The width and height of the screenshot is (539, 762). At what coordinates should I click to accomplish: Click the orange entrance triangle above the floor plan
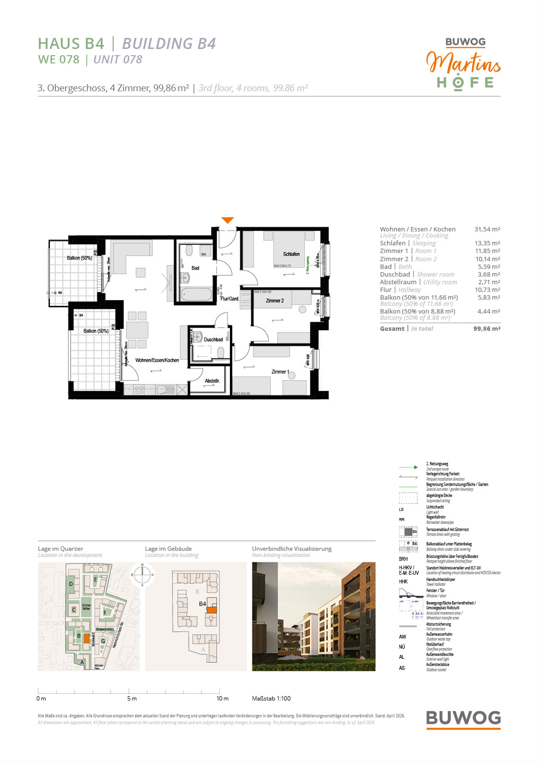pyautogui.click(x=228, y=220)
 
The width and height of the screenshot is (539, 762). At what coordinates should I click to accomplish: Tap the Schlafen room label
pyautogui.click(x=291, y=254)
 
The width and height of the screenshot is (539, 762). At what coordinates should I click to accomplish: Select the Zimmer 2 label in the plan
pyautogui.click(x=274, y=301)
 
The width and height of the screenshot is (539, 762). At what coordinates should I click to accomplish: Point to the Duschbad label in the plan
pyautogui.click(x=213, y=340)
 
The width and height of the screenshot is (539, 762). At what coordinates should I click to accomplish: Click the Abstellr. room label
pyautogui.click(x=212, y=381)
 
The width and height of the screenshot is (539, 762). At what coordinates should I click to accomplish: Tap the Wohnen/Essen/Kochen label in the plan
pyautogui.click(x=157, y=360)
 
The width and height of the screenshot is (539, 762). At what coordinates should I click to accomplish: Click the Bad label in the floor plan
pyautogui.click(x=195, y=268)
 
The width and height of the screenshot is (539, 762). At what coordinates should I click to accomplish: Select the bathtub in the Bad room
pyautogui.click(x=196, y=295)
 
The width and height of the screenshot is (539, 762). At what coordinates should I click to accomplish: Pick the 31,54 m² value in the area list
pyautogui.click(x=487, y=229)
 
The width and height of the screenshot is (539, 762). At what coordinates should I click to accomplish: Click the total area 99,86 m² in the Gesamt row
pyautogui.click(x=486, y=328)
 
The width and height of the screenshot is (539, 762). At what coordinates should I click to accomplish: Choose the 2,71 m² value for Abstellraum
pyautogui.click(x=488, y=282)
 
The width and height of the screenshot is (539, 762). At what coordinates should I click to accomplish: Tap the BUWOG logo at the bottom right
pyautogui.click(x=463, y=718)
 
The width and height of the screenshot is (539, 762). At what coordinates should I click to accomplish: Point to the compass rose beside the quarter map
pyautogui.click(x=142, y=575)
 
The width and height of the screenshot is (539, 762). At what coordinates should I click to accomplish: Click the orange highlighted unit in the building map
pyautogui.click(x=212, y=610)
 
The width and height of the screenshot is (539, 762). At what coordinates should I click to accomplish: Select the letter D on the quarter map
pyautogui.click(x=71, y=584)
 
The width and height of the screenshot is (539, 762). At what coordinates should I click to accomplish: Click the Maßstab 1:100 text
pyautogui.click(x=271, y=699)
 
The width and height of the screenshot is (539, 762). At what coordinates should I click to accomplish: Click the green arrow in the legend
pyautogui.click(x=408, y=467)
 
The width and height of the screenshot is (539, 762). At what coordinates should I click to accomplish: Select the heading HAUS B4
pyautogui.click(x=71, y=44)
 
